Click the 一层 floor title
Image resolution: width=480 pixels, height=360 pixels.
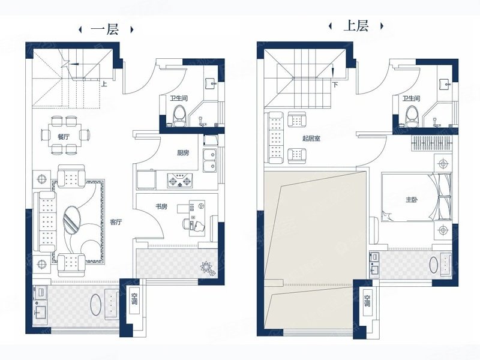[x=104, y=29]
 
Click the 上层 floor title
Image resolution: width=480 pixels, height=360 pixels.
[x=356, y=26]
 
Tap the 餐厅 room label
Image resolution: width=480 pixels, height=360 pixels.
[x=64, y=137]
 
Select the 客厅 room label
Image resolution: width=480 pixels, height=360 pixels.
[x=116, y=222]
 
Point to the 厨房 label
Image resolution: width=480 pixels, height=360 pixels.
[x=183, y=153]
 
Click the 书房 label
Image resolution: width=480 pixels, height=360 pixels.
[x=161, y=206]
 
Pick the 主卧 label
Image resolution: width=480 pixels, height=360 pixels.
[x=412, y=200]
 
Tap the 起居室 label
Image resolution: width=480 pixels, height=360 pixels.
[x=311, y=139]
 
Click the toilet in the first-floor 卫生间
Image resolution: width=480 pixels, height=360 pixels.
[x=179, y=116]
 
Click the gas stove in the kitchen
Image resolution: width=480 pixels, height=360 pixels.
[x=179, y=181]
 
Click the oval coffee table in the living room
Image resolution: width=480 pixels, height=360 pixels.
[x=72, y=220]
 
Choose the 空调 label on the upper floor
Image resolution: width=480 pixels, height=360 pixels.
[x=367, y=301]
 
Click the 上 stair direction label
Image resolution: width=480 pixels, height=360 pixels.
[x=104, y=83]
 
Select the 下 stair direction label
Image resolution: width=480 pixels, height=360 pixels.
[x=336, y=84]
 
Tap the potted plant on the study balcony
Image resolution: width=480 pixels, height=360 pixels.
[x=208, y=268]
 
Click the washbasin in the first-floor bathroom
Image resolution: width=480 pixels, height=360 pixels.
[x=211, y=83]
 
